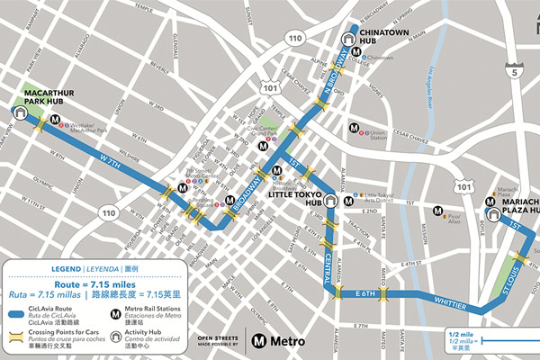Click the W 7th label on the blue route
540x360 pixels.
coord(110,161)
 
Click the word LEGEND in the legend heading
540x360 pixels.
coord(67,268)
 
